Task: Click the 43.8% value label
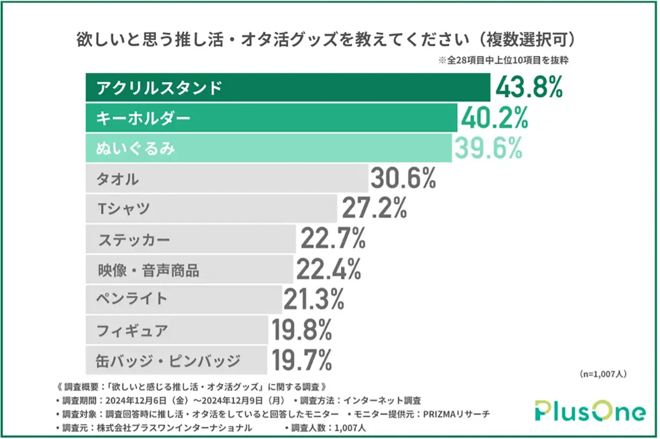click(x=529, y=88)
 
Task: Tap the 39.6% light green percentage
click(x=488, y=148)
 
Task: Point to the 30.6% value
click(x=403, y=179)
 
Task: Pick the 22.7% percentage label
click(x=333, y=239)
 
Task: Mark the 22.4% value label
click(x=328, y=269)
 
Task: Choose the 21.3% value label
click(x=314, y=299)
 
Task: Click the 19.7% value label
click(x=302, y=360)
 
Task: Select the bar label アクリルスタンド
click(x=159, y=88)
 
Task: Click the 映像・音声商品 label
click(x=148, y=269)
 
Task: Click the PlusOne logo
click(x=590, y=412)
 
